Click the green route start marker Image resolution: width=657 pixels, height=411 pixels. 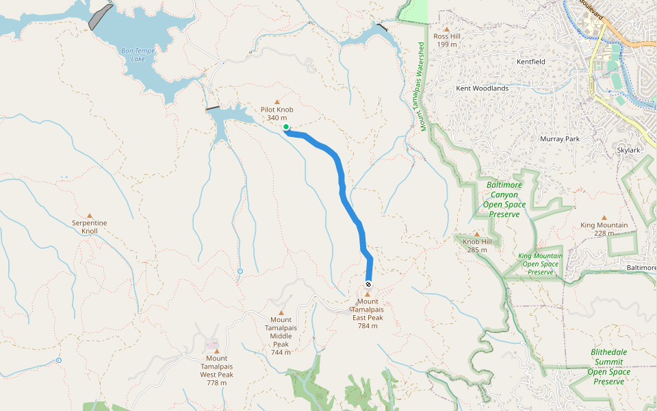(x=286, y=127)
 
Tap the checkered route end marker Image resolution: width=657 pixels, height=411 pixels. (x=369, y=284)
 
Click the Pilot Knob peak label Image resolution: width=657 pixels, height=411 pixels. (x=277, y=114)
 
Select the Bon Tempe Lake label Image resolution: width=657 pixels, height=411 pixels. (x=138, y=54)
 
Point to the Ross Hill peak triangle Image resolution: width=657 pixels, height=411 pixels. (x=446, y=29)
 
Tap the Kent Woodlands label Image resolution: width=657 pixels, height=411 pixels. (x=482, y=88)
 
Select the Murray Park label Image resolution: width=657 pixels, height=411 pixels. (x=560, y=139)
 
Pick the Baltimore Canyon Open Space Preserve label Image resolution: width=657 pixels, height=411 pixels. (x=504, y=199)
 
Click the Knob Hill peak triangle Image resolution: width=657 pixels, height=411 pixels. (x=477, y=234)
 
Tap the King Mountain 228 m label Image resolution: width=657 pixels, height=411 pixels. (x=604, y=229)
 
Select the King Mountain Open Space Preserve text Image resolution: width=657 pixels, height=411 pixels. (x=541, y=264)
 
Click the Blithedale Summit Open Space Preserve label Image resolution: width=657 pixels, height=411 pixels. (x=609, y=366)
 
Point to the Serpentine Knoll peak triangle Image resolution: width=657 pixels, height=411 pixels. (x=90, y=215)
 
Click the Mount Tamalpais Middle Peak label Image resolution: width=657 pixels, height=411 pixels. (x=281, y=336)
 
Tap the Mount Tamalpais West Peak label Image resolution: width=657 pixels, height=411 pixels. (x=217, y=370)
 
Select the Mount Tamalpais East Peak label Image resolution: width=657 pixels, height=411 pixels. (x=368, y=314)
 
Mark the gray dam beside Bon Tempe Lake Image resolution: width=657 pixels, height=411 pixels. (x=100, y=17)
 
